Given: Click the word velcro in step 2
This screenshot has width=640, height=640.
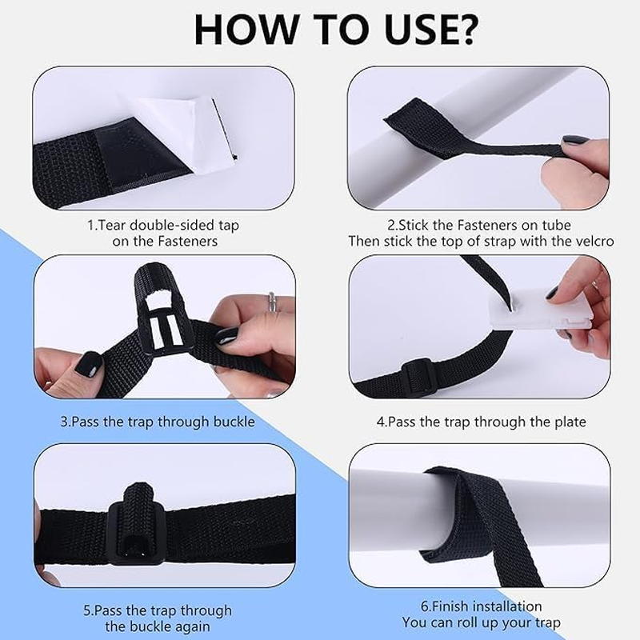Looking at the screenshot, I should point(593,240).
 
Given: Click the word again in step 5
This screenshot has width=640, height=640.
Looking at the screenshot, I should point(190,626).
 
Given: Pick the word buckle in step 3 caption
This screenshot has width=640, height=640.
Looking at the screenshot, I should point(234,422).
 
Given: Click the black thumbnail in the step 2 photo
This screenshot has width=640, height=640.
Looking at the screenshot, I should point(573,141).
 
